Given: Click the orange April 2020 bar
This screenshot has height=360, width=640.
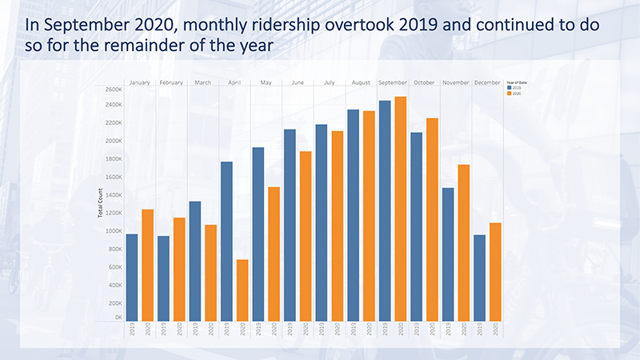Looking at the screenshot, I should point(242,290).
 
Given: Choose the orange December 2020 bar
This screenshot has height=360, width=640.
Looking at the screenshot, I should point(496,272).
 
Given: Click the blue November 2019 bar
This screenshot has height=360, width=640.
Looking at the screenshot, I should point(448,254).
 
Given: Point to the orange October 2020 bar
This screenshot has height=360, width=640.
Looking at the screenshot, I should point(432,220).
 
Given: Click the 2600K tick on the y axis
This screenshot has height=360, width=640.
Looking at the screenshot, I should point(113,87).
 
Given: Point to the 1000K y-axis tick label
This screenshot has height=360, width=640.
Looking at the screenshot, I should point(113,231).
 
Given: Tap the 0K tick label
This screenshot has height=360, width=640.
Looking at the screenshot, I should point(117,318).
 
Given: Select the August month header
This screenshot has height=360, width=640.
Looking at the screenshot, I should point(361,82).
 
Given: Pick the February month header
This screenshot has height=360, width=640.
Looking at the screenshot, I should point(171,82).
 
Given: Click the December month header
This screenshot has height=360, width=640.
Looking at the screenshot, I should point(487,82).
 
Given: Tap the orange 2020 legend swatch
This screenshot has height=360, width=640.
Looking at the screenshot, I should point(509,93).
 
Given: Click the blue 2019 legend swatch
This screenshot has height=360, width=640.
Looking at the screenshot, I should point(509,88).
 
